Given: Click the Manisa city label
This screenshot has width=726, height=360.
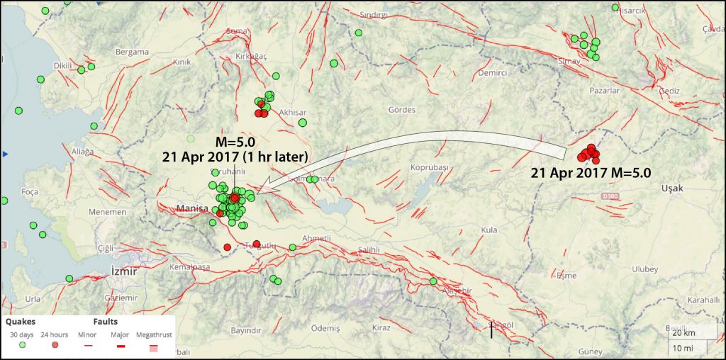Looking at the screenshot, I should tap(191, 209).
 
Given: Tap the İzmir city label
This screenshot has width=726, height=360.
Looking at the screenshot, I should tap(123, 271).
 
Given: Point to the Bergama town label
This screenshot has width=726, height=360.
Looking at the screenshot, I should tap(133, 52).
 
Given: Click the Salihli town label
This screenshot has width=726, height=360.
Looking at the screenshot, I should tap(369, 249).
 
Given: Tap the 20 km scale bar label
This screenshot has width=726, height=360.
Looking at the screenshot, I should tap(683, 333).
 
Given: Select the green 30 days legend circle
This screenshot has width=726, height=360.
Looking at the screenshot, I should tap(23, 344).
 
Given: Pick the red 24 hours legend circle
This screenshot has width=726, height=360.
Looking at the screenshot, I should tap(54, 344).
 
